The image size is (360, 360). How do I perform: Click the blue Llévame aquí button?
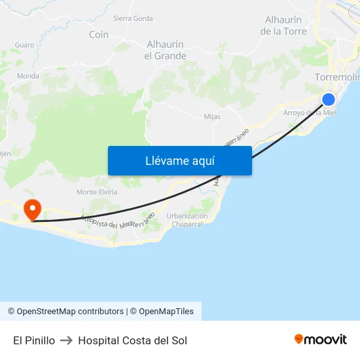pyautogui.click(x=179, y=160)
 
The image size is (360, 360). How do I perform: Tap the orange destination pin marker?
pyautogui.click(x=31, y=209)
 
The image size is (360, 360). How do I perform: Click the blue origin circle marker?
pyautogui.click(x=329, y=99)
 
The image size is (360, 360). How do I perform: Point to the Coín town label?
pyautogui.click(x=99, y=35)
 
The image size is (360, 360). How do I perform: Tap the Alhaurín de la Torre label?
pyautogui.click(x=283, y=26)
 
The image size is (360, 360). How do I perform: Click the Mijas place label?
pyautogui.click(x=212, y=117)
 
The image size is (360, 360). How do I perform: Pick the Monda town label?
pyautogui.click(x=28, y=76)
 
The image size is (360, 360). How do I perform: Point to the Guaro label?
pyautogui.click(x=24, y=45)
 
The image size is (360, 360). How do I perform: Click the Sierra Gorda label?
pyautogui.click(x=133, y=18)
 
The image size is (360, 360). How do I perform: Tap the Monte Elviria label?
pyautogui.click(x=97, y=192)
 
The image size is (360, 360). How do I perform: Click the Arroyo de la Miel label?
pyautogui.click(x=309, y=113)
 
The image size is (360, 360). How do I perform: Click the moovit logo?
pyautogui.click(x=321, y=339)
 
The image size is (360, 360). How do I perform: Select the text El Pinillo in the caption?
pyautogui.click(x=34, y=340)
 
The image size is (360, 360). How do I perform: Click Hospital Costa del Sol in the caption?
pyautogui.click(x=132, y=340)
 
